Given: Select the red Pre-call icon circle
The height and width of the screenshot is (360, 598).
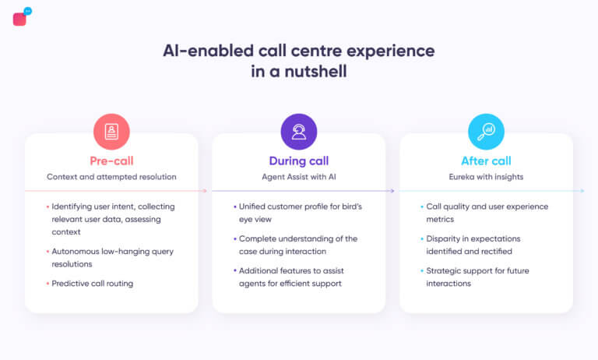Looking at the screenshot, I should [x=111, y=132].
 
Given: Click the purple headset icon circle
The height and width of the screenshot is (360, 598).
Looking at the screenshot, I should [x=299, y=132].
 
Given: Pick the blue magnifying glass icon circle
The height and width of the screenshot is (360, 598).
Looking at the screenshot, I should [x=486, y=132].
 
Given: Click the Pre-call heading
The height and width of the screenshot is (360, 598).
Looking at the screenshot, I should [x=111, y=161].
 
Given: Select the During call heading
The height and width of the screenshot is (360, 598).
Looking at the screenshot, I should [x=299, y=161].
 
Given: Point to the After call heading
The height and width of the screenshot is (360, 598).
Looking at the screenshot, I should [x=486, y=161].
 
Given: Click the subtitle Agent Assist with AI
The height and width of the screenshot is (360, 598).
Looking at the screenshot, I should [x=299, y=177].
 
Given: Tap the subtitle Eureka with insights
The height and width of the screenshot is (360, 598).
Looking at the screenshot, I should [x=486, y=177].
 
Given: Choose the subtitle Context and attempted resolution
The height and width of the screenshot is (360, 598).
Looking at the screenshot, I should [x=111, y=177].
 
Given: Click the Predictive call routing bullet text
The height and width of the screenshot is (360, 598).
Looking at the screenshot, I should [x=92, y=284].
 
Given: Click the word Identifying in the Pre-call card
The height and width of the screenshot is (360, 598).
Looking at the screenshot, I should [x=74, y=206].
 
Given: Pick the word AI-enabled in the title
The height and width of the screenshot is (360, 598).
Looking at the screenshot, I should [x=202, y=51].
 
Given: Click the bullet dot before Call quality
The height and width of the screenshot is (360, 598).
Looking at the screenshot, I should [x=420, y=206].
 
